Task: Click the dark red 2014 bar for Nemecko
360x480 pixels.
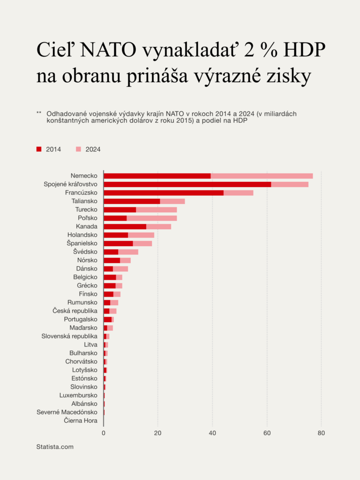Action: pyautogui.click(x=157, y=176)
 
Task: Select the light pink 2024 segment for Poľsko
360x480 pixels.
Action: pyautogui.click(x=151, y=218)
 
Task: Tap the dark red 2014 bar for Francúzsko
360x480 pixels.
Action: pyautogui.click(x=164, y=193)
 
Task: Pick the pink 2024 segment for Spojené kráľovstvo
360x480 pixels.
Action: pyautogui.click(x=290, y=184)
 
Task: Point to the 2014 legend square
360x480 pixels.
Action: pyautogui.click(x=39, y=149)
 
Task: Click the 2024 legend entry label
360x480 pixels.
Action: pyautogui.click(x=93, y=149)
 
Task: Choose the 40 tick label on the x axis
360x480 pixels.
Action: pyautogui.click(x=212, y=433)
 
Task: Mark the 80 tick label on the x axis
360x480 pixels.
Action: pyautogui.click(x=321, y=433)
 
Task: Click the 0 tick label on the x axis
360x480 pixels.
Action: pyautogui.click(x=104, y=433)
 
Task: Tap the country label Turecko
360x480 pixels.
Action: pyautogui.click(x=86, y=210)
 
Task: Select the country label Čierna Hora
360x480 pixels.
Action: pyautogui.click(x=81, y=420)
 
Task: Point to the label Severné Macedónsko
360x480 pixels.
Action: pyautogui.click(x=67, y=412)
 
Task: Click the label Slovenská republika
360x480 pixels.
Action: pyautogui.click(x=69, y=336)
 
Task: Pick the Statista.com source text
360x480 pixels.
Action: pyautogui.click(x=55, y=447)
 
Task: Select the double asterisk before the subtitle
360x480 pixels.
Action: pyautogui.click(x=39, y=113)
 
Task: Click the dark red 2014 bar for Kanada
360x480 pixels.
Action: pyautogui.click(x=125, y=226)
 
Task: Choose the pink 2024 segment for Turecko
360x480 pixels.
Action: pyautogui.click(x=156, y=210)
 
